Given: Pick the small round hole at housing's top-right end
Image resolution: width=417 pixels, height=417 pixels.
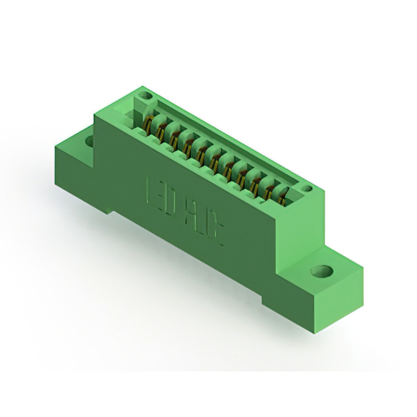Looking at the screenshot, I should coord(306,189).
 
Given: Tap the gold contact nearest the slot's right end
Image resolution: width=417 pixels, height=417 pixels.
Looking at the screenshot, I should coord(281,195).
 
